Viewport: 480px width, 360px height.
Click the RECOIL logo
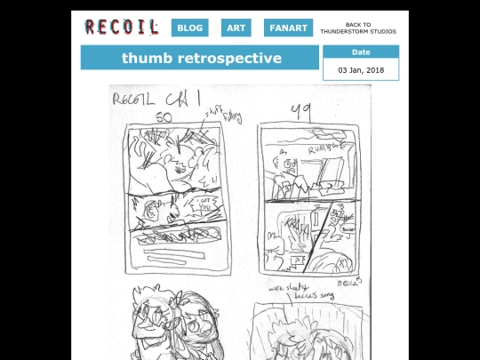(x=121, y=28)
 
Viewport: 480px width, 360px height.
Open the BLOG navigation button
(x=190, y=28)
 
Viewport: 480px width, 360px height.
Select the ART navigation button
(x=236, y=28)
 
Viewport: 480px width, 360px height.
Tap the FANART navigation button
(x=288, y=28)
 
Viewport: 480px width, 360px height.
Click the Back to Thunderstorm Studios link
(x=358, y=28)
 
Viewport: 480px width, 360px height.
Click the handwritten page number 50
(x=164, y=117)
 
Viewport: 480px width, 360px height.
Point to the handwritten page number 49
(x=300, y=111)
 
